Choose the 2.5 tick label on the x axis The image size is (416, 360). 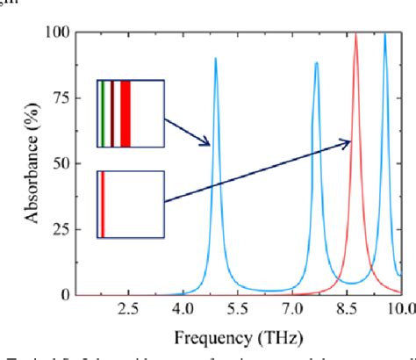click(128, 309)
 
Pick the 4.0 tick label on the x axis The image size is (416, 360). click(183, 309)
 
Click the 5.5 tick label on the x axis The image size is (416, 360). click(238, 309)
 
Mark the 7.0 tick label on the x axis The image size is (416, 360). click(293, 309)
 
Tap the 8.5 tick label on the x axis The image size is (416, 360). click(348, 309)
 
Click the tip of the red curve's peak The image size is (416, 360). click(355, 33)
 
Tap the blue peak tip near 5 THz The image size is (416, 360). click(216, 58)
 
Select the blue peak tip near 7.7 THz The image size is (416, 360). click(317, 62)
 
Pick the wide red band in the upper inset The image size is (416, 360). click(126, 114)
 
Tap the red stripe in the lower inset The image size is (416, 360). click(103, 204)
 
